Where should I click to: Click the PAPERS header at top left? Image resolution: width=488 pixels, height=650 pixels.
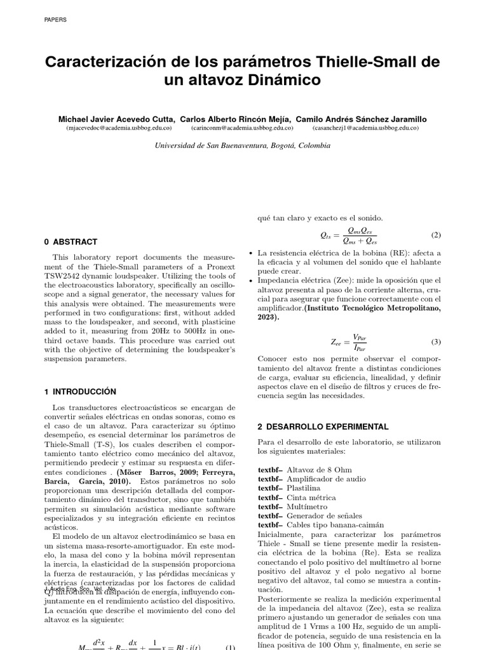coord(55,20)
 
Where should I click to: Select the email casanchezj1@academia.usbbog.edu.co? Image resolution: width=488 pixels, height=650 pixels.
coord(365,128)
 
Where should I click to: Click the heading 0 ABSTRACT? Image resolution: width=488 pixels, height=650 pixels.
coord(71,242)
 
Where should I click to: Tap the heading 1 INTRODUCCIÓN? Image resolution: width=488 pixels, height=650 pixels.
coord(81,392)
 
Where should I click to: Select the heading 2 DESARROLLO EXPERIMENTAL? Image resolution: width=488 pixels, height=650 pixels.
coord(323,427)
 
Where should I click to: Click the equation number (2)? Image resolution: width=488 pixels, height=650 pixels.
coord(435,235)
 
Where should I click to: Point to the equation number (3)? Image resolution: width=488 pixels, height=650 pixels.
coord(435,342)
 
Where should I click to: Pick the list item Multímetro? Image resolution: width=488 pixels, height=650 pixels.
coord(308,507)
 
